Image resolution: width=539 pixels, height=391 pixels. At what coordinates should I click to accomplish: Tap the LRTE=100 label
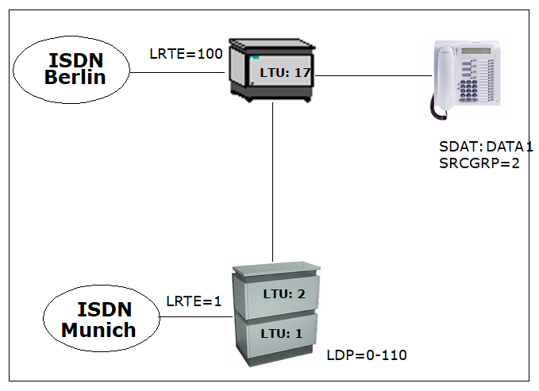pyautogui.click(x=186, y=54)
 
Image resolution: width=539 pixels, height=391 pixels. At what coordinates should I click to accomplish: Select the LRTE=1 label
pyautogui.click(x=194, y=301)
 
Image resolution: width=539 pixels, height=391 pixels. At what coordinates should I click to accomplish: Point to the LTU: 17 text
pyautogui.click(x=285, y=73)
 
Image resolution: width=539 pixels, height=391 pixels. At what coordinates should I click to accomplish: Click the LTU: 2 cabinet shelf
pyautogui.click(x=282, y=294)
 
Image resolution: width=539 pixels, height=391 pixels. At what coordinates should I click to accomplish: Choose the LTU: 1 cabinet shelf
pyautogui.click(x=281, y=333)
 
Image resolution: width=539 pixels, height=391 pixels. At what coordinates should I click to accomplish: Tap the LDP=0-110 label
pyautogui.click(x=367, y=355)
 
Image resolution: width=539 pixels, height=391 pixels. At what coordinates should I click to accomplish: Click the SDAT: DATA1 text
pyautogui.click(x=486, y=147)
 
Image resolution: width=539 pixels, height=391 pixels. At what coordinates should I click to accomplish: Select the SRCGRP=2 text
pyautogui.click(x=479, y=163)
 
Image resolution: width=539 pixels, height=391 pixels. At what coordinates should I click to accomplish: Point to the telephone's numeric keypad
pyautogui.click(x=468, y=90)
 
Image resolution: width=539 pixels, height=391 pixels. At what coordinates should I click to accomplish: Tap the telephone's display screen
pyautogui.click(x=475, y=51)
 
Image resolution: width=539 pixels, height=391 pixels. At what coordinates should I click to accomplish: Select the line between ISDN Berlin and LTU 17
pyautogui.click(x=177, y=72)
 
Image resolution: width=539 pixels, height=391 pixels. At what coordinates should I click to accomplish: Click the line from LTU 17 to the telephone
pyautogui.click(x=373, y=75)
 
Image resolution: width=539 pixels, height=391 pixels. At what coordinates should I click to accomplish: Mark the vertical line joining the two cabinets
pyautogui.click(x=272, y=182)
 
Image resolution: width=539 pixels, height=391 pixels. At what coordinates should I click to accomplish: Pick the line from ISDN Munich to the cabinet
pyautogui.click(x=196, y=316)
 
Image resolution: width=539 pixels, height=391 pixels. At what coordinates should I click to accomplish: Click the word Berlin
pyautogui.click(x=75, y=77)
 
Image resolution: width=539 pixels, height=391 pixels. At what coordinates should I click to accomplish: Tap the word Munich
pyautogui.click(x=98, y=330)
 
